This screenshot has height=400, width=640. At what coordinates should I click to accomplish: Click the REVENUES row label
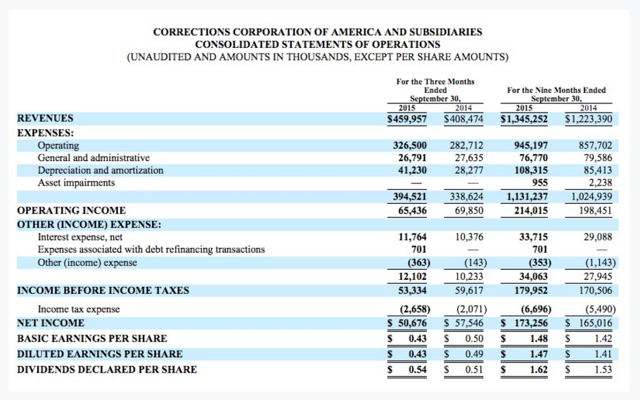[x=45, y=119]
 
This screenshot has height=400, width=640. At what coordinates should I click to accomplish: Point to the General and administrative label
[x=94, y=158]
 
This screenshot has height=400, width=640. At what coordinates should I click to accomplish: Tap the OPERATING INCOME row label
[x=71, y=210]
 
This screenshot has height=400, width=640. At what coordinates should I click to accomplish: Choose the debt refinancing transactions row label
[x=151, y=250]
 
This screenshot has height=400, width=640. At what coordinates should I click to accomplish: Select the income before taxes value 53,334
[x=412, y=290]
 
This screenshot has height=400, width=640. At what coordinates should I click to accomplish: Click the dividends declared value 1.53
[x=603, y=369]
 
